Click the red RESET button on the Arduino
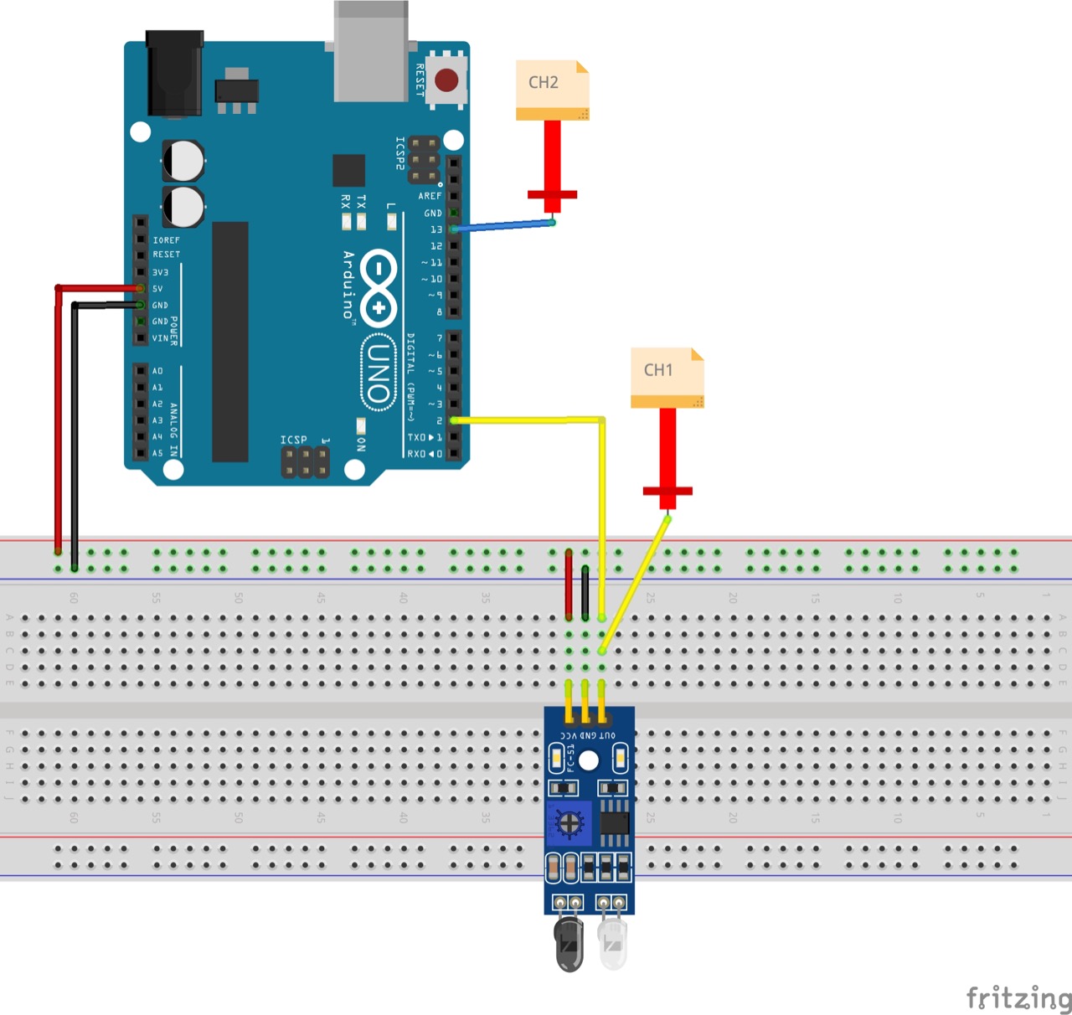coord(446,80)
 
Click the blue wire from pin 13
coord(502,225)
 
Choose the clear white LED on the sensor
coord(613,943)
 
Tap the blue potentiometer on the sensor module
coord(569,824)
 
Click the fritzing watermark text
coord(1018,998)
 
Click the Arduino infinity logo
coord(379,287)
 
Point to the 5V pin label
coord(157,289)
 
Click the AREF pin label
coord(430,196)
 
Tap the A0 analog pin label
coord(157,371)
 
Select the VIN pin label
coord(160,338)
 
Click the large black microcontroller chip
coord(230,342)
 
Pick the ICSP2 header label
coord(400,153)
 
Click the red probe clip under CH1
coord(667,490)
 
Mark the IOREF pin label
coord(166,240)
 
